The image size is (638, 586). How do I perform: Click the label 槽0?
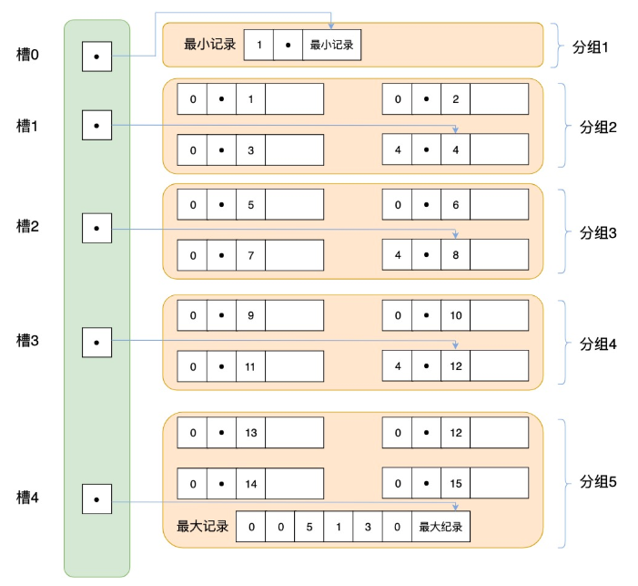click(28, 56)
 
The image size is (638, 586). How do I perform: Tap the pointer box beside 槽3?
click(96, 343)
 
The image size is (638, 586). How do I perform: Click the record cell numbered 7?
click(250, 254)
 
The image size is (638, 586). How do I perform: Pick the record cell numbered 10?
click(455, 315)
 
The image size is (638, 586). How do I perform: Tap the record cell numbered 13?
click(250, 432)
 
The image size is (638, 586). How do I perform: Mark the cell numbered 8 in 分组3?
click(455, 254)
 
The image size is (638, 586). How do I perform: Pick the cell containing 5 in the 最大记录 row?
click(309, 527)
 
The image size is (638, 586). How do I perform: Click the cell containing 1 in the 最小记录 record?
click(259, 45)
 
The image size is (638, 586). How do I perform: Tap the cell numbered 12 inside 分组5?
click(455, 432)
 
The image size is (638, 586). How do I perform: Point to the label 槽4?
click(28, 498)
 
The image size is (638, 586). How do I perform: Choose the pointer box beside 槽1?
click(96, 125)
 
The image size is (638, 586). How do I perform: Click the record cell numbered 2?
click(455, 98)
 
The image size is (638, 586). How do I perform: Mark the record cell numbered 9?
click(250, 315)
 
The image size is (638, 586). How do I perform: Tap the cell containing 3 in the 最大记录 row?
click(367, 527)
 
